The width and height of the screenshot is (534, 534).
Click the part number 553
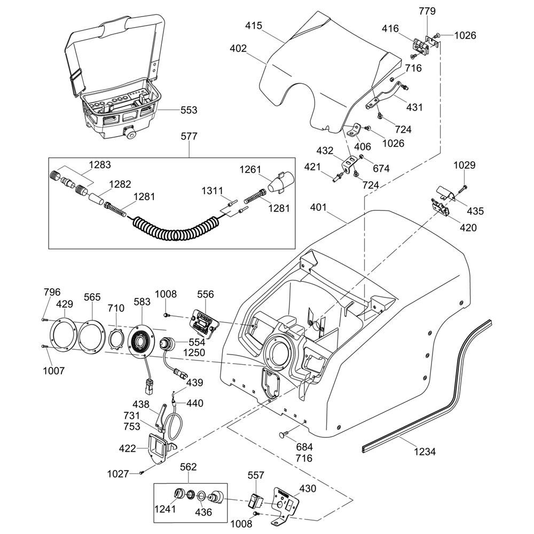tap(189, 110)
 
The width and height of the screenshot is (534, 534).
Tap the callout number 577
tap(189, 137)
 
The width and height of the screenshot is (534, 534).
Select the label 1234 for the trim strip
tap(425, 452)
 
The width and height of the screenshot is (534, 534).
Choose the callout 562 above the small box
tap(188, 467)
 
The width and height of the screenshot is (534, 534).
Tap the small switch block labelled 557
tap(255, 501)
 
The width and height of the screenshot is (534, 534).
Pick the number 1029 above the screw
tap(465, 165)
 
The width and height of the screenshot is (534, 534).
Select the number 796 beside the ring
tap(52, 292)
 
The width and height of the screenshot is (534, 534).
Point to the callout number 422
tap(127, 449)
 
